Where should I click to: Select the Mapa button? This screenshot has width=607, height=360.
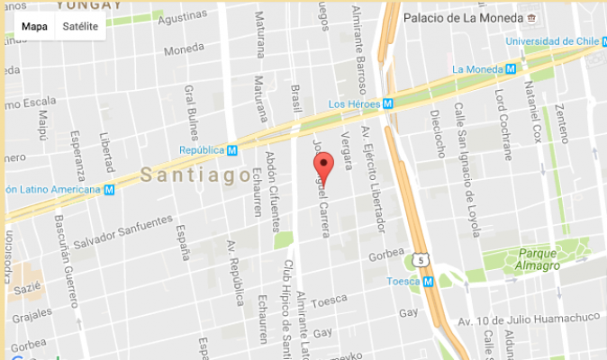(x=34, y=26)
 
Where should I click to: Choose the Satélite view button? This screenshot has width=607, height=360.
(x=81, y=26)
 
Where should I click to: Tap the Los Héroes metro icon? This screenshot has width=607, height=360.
(x=387, y=103)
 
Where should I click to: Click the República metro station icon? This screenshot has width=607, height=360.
(x=232, y=150)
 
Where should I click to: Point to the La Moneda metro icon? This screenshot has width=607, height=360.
(x=511, y=69)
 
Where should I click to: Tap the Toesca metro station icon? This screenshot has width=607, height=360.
(x=429, y=281)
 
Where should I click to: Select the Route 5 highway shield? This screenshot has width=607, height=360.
(x=421, y=261)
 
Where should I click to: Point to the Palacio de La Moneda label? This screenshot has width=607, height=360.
(x=463, y=18)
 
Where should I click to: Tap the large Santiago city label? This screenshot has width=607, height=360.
(x=195, y=175)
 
